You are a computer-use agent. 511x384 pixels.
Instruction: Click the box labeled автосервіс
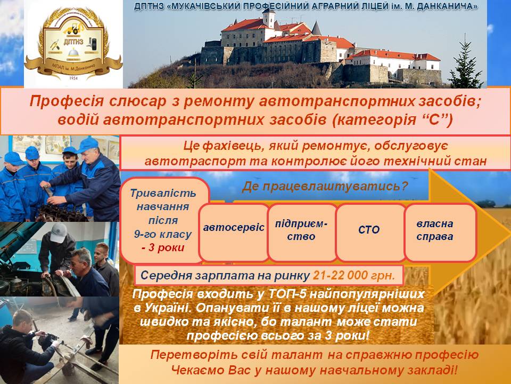(234, 232)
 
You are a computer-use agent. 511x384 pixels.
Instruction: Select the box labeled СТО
(369, 232)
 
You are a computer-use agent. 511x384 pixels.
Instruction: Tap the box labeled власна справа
(440, 232)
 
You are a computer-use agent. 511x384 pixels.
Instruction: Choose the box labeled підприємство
(301, 232)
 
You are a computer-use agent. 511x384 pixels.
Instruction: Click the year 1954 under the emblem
(73, 78)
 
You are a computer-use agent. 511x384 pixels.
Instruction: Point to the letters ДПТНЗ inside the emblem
(73, 42)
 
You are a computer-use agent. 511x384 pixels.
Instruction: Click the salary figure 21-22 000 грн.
(354, 276)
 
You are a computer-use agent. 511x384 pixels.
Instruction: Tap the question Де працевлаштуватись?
(325, 186)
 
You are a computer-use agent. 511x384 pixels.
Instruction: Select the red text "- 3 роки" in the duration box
(163, 247)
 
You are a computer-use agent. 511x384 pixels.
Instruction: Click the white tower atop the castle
(269, 18)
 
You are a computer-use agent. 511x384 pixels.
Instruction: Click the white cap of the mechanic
(58, 232)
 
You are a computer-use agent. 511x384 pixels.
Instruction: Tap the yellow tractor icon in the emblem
(72, 28)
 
